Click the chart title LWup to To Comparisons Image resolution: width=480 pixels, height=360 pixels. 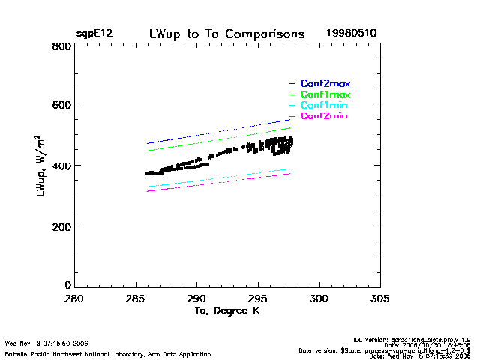coord(227,34)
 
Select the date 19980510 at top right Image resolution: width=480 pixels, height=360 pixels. coord(351,34)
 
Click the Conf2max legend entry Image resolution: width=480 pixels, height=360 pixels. coord(325,83)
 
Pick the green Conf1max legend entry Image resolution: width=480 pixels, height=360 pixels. coord(325,94)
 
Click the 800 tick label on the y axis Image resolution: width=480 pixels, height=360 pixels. coord(62,46)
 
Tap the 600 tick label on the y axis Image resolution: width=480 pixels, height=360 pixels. coord(62,106)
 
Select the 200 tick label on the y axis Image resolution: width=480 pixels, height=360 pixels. coord(62,226)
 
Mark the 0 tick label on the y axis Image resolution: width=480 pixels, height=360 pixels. coord(67,285)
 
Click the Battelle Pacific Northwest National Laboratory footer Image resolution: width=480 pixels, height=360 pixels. coord(108,354)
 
